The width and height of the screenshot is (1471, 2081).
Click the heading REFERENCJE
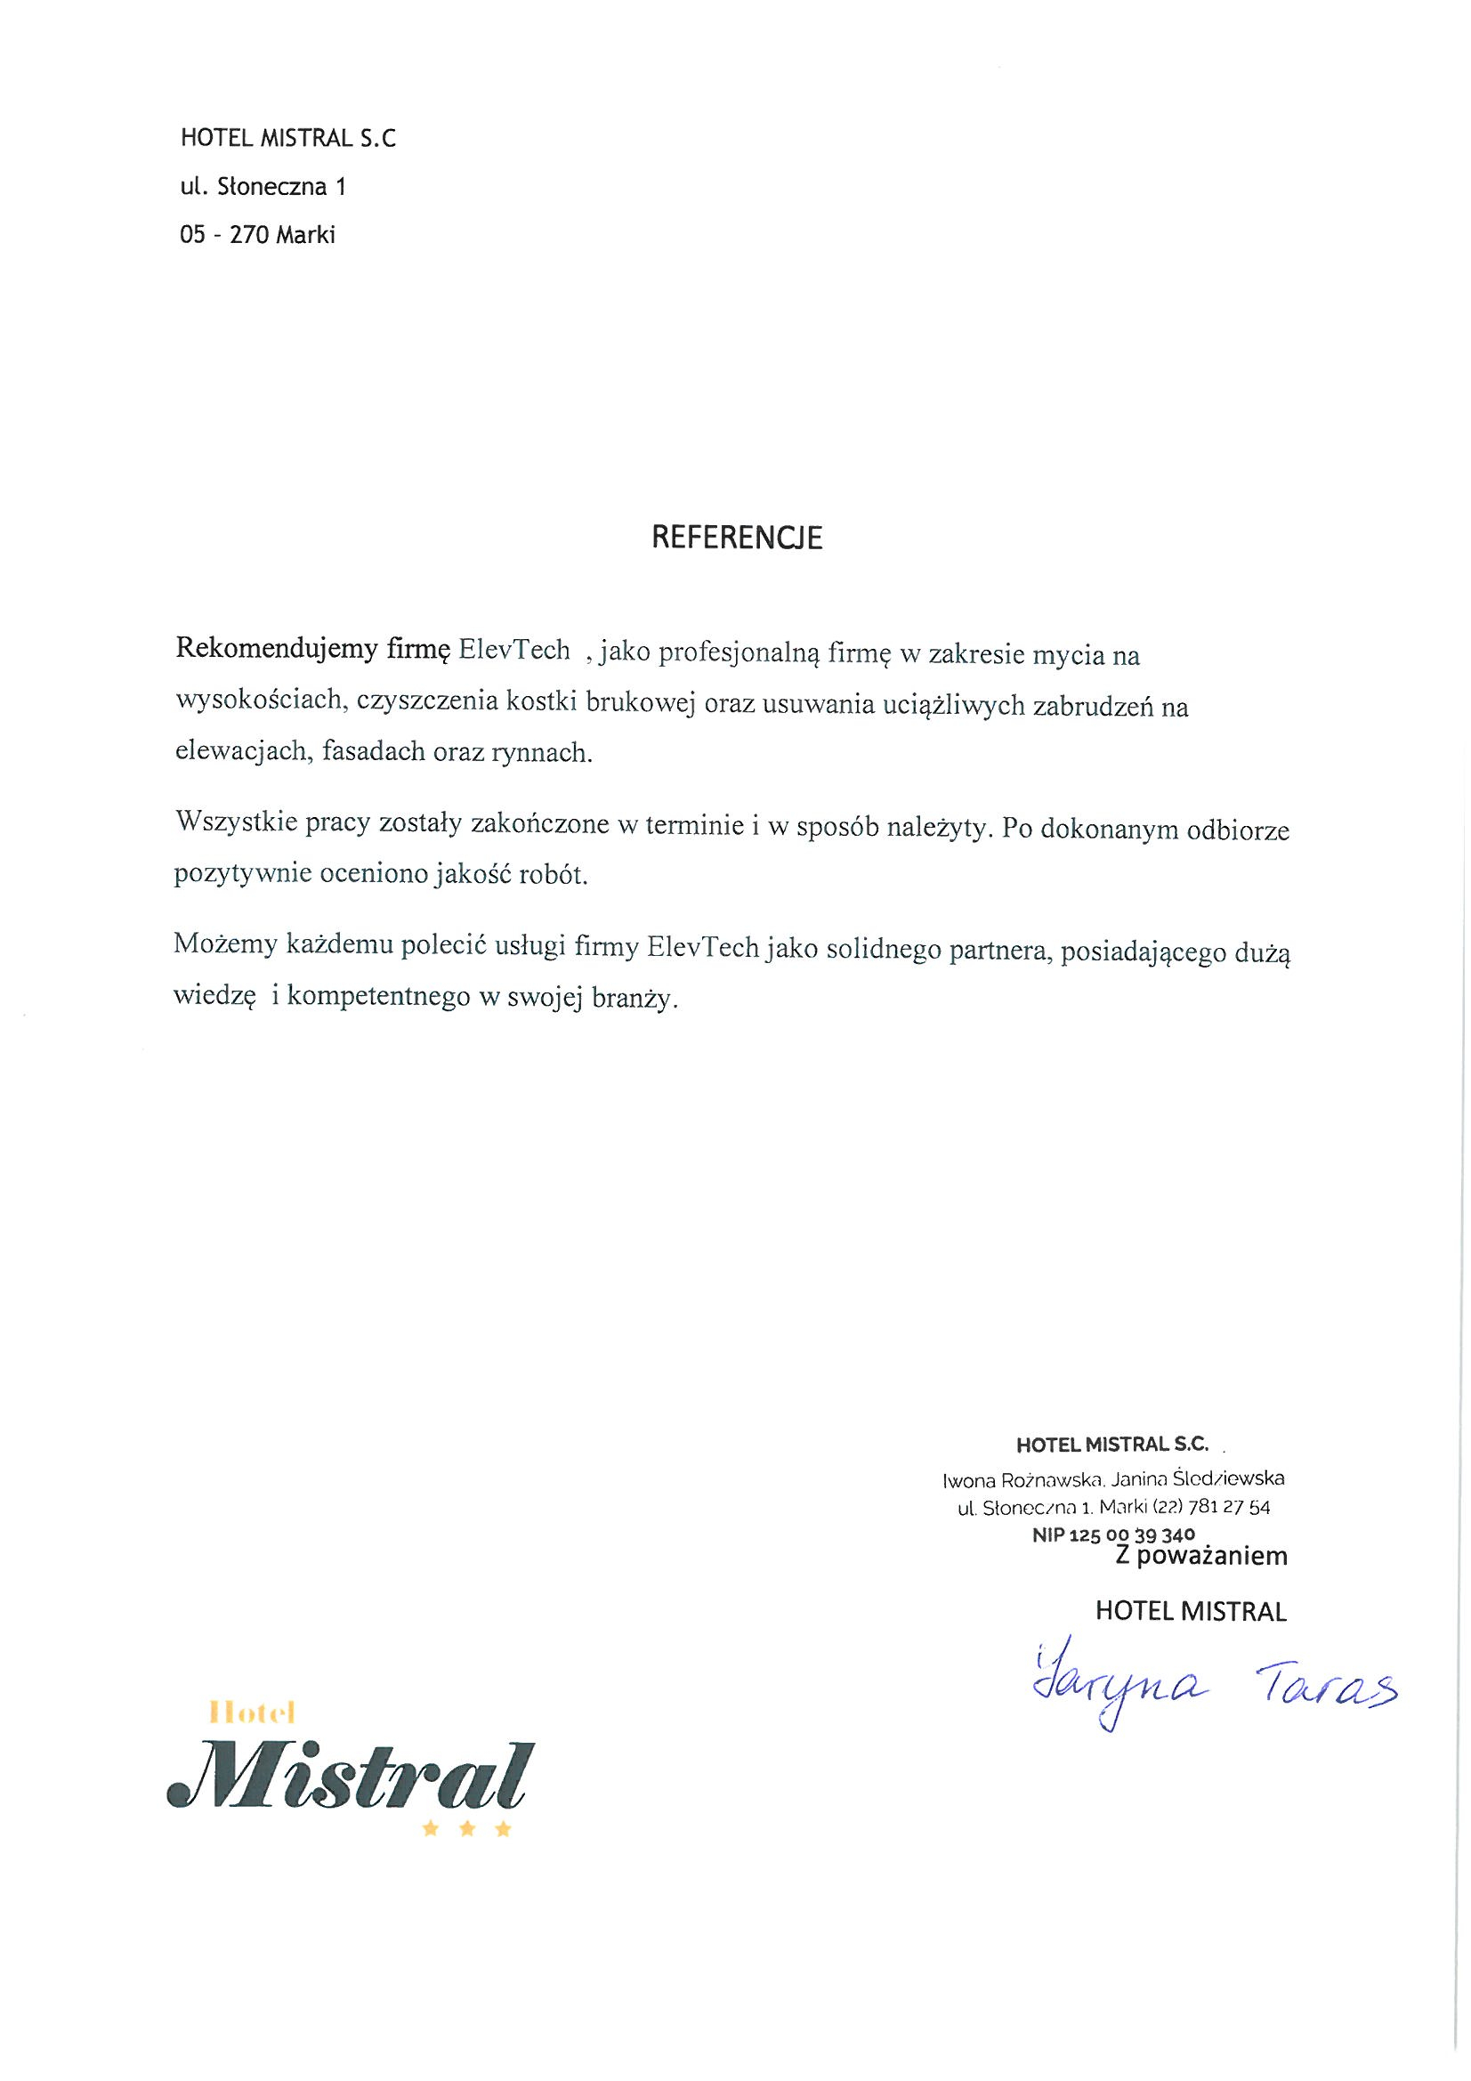click(x=737, y=538)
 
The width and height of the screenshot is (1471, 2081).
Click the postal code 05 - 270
click(x=226, y=235)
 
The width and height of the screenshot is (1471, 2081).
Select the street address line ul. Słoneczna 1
click(x=263, y=187)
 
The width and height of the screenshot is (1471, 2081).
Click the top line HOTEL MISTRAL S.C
click(x=288, y=139)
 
